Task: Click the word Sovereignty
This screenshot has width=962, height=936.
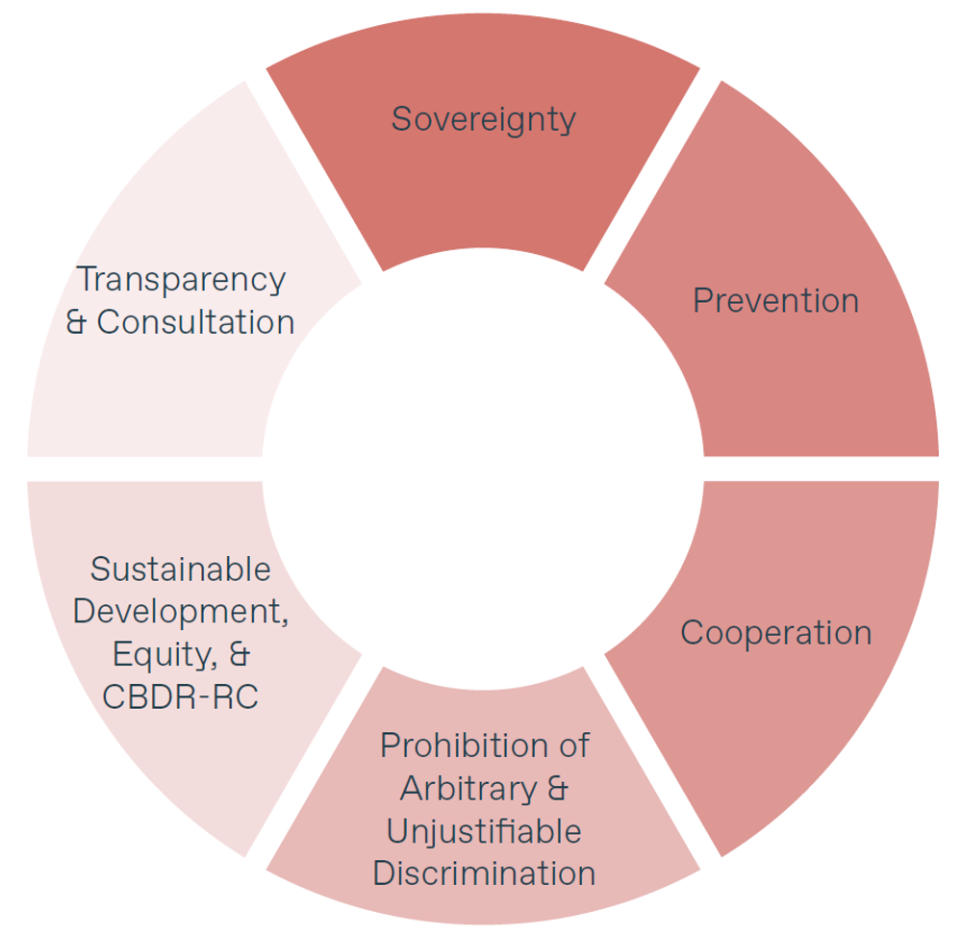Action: point(483,119)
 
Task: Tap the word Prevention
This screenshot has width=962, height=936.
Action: point(775,300)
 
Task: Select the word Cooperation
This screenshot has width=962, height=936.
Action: point(775,633)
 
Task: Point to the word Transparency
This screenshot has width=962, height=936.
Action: point(181,280)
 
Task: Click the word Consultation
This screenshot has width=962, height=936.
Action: point(195,322)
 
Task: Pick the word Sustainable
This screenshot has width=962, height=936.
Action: point(181,569)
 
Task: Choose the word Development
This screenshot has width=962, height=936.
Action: point(181,612)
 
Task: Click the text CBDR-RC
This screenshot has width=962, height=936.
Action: point(181,696)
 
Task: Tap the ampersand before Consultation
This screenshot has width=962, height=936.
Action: point(78,322)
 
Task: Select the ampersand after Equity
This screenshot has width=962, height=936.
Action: point(240,654)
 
